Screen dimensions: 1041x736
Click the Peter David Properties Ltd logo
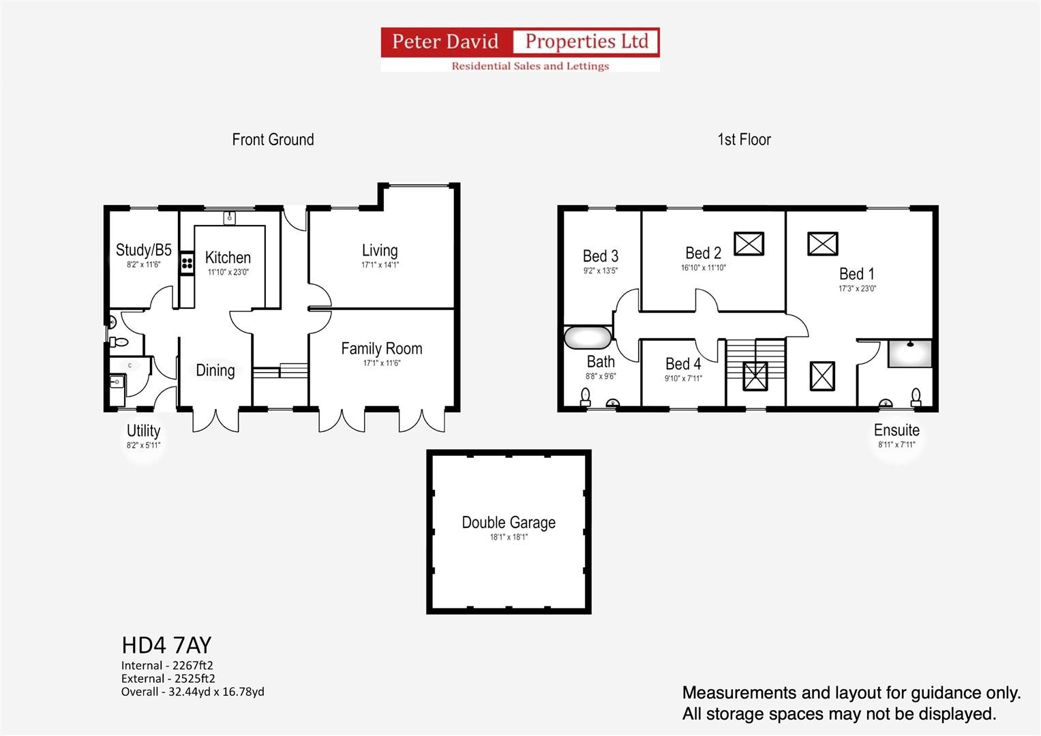(x=520, y=50)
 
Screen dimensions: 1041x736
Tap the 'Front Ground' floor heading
(x=273, y=140)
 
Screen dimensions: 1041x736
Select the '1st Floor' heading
(x=744, y=140)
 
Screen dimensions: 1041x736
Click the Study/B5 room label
(x=144, y=250)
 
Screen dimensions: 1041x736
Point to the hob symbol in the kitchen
(x=187, y=264)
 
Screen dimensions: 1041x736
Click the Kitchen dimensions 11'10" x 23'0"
(x=228, y=273)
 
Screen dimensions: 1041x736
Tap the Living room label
(x=380, y=251)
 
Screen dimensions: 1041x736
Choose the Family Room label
(x=382, y=348)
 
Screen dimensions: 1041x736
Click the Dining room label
(x=215, y=370)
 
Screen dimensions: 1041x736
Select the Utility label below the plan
(x=144, y=431)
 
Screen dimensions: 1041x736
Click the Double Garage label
(x=509, y=523)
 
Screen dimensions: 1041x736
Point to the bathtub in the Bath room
(x=588, y=338)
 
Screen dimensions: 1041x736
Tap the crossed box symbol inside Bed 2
(x=749, y=244)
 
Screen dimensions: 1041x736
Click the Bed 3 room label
(x=601, y=256)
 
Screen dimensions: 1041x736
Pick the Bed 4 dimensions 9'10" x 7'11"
(x=683, y=379)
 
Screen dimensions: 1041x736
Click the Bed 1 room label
(x=856, y=274)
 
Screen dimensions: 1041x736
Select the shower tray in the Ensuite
(x=910, y=354)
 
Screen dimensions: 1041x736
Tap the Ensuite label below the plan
(x=896, y=430)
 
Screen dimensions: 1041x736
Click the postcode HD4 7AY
(x=166, y=645)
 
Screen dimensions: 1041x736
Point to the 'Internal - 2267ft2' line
(x=167, y=665)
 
